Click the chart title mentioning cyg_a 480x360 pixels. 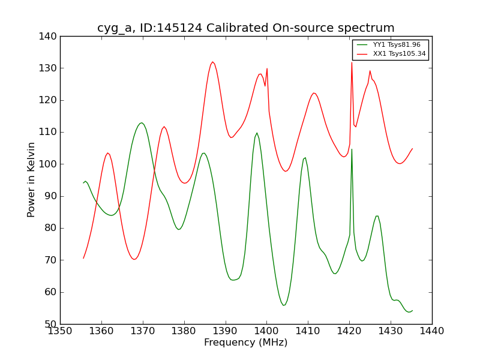[x=246, y=28]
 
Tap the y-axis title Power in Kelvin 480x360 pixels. [x=31, y=180]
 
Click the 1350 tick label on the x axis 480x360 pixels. [x=60, y=331]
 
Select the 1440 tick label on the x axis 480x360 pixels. [x=432, y=331]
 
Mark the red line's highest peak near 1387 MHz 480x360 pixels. [x=212, y=62]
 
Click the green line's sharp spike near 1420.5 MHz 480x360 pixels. [x=352, y=149]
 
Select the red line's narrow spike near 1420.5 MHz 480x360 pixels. [x=352, y=62]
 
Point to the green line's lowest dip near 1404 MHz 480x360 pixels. [x=284, y=305]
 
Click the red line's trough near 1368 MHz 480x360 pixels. [x=135, y=259]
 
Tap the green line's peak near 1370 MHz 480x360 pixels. [x=142, y=123]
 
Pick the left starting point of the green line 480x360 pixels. [x=83, y=182]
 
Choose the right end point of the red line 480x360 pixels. [x=412, y=148]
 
